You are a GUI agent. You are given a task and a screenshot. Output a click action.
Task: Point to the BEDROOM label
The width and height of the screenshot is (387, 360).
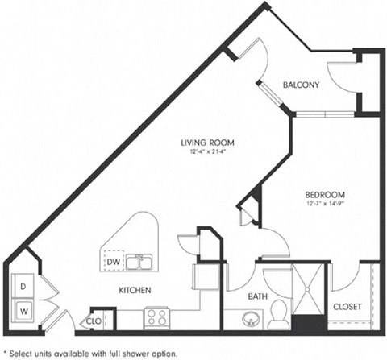click(x=325, y=195)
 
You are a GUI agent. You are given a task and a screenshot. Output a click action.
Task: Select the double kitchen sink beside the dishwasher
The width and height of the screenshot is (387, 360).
click(x=142, y=263)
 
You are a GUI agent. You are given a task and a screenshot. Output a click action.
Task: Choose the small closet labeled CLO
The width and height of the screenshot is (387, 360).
click(x=94, y=321)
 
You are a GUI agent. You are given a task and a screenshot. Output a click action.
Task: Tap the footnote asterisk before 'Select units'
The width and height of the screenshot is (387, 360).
click(x=6, y=352)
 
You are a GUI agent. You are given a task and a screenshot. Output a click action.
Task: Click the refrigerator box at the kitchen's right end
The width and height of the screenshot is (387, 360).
click(x=199, y=276)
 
